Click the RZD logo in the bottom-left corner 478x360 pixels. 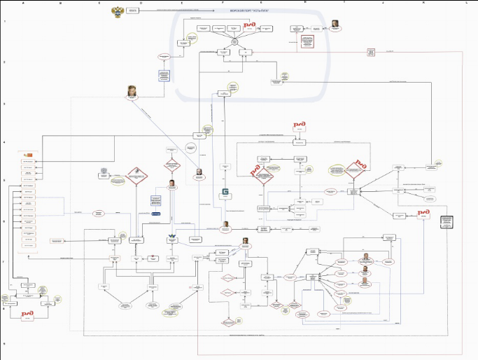pyautogui.click(x=27, y=314)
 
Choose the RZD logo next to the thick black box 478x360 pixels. pyautogui.click(x=423, y=213)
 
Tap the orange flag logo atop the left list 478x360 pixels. pyautogui.click(x=29, y=153)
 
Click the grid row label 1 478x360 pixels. pyautogui.click(x=5, y=22)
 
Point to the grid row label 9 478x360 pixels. pyautogui.click(x=5, y=344)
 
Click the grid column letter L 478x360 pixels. pyautogui.click(x=466, y=4)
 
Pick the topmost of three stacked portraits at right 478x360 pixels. pyautogui.click(x=365, y=256)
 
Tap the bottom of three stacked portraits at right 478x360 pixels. pyautogui.click(x=364, y=282)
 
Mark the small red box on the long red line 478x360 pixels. pyautogui.click(x=370, y=52)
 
